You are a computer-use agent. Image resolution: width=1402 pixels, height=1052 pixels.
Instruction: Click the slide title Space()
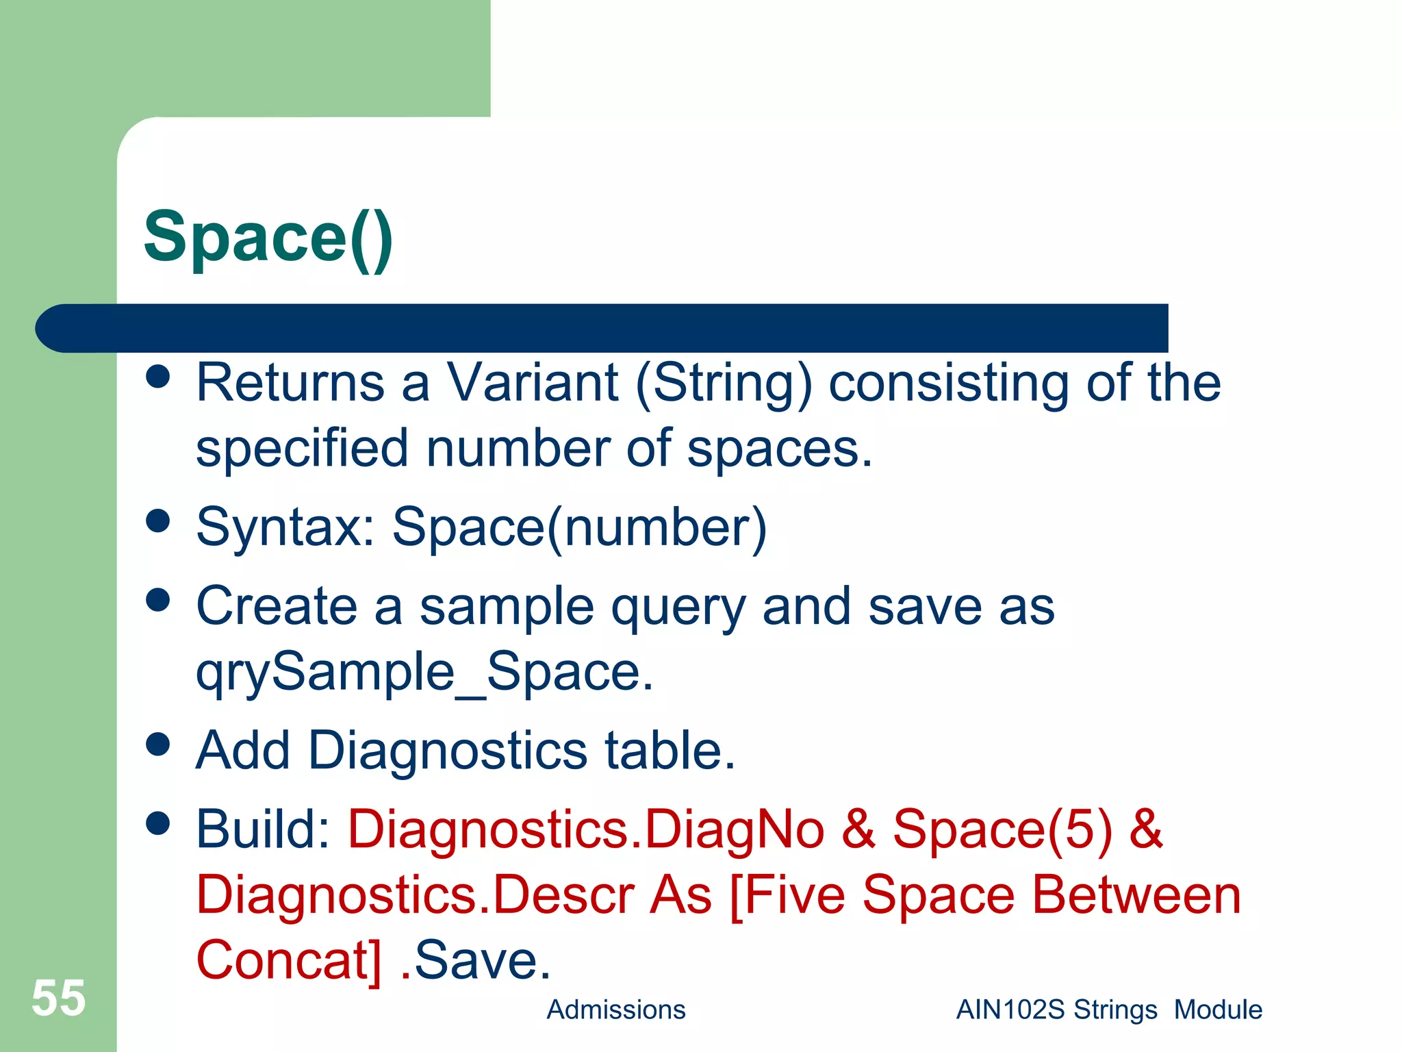(268, 238)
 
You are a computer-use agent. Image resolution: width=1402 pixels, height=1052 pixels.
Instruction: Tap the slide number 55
(58, 998)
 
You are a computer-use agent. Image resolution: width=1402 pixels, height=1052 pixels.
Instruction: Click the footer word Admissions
(615, 1010)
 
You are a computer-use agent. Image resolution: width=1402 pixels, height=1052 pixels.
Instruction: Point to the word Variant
(533, 382)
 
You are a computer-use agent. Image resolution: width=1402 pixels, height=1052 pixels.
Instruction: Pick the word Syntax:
(285, 527)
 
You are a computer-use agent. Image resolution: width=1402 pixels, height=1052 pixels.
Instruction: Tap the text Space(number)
(579, 527)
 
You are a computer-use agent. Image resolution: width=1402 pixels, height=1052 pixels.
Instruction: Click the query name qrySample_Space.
(424, 673)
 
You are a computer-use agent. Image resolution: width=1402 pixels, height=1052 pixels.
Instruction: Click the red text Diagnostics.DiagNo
(586, 829)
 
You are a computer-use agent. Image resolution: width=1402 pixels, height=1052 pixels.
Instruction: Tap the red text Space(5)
(1002, 829)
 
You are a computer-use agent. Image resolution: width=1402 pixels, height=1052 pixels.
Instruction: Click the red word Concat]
(288, 960)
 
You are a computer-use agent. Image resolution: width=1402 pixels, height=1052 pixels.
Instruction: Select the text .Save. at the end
(475, 960)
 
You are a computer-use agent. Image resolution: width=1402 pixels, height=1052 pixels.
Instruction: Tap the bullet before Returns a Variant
(158, 376)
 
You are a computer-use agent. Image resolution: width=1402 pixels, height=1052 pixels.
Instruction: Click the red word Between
(1136, 895)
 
